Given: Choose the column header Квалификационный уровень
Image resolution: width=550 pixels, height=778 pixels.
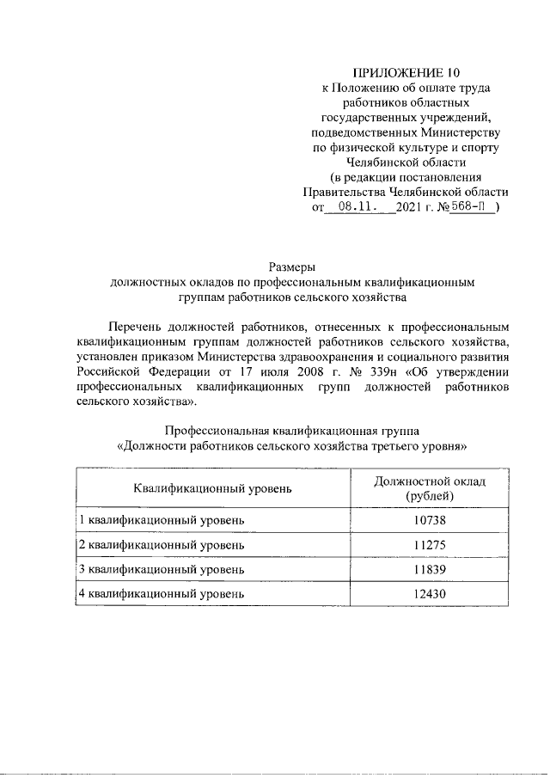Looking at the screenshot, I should point(212,488).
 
